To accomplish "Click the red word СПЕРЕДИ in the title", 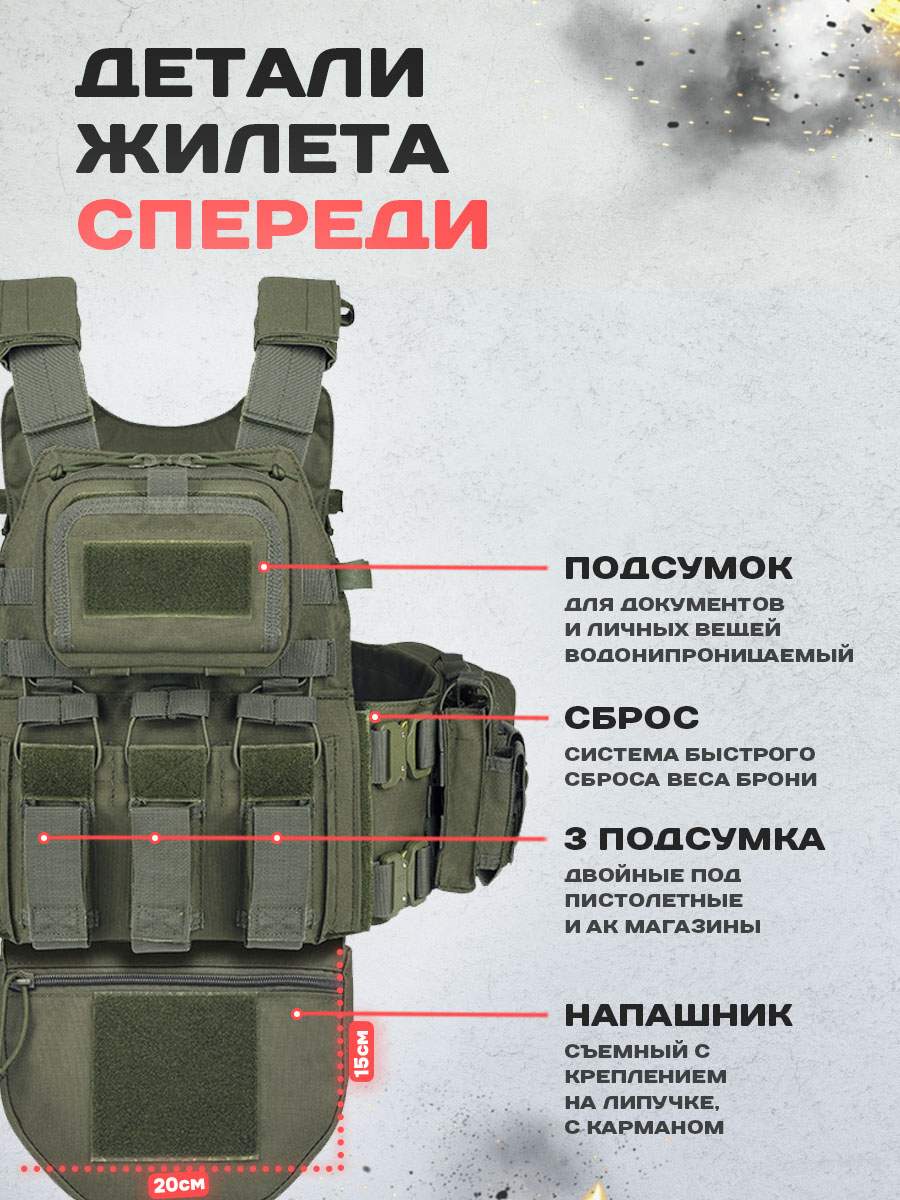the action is pos(283,225).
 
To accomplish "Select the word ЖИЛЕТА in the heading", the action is pos(262,149).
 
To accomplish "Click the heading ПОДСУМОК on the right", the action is pos(678,569).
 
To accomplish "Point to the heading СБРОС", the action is pos(632,718).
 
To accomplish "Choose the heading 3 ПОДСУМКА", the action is pos(695,839).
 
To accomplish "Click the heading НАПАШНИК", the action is pos(678,1015).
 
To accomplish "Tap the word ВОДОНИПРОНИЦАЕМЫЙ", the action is pos(709,655).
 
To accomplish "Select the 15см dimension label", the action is pos(362,1051).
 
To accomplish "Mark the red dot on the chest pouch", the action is pos(264,567).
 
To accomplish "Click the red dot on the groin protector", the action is pos(297,1014).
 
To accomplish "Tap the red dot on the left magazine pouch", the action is pos(44,838).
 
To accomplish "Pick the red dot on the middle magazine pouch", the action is pos(155,838).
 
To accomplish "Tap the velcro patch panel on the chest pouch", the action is pos(168,579).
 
